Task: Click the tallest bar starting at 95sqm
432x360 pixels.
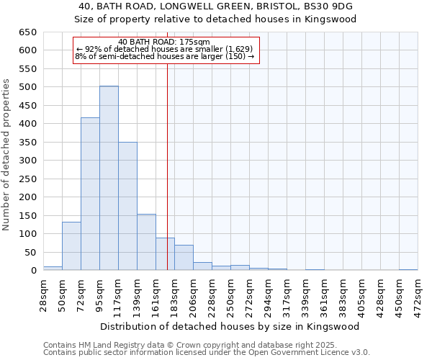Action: (109, 178)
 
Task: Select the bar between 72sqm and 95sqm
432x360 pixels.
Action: (90, 194)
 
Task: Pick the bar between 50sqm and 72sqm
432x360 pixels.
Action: (71, 246)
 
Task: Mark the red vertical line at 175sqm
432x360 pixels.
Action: (167, 166)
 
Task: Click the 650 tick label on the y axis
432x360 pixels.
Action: (27, 32)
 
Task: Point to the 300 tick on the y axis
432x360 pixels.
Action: (27, 161)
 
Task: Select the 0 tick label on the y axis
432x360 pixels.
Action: (33, 271)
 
